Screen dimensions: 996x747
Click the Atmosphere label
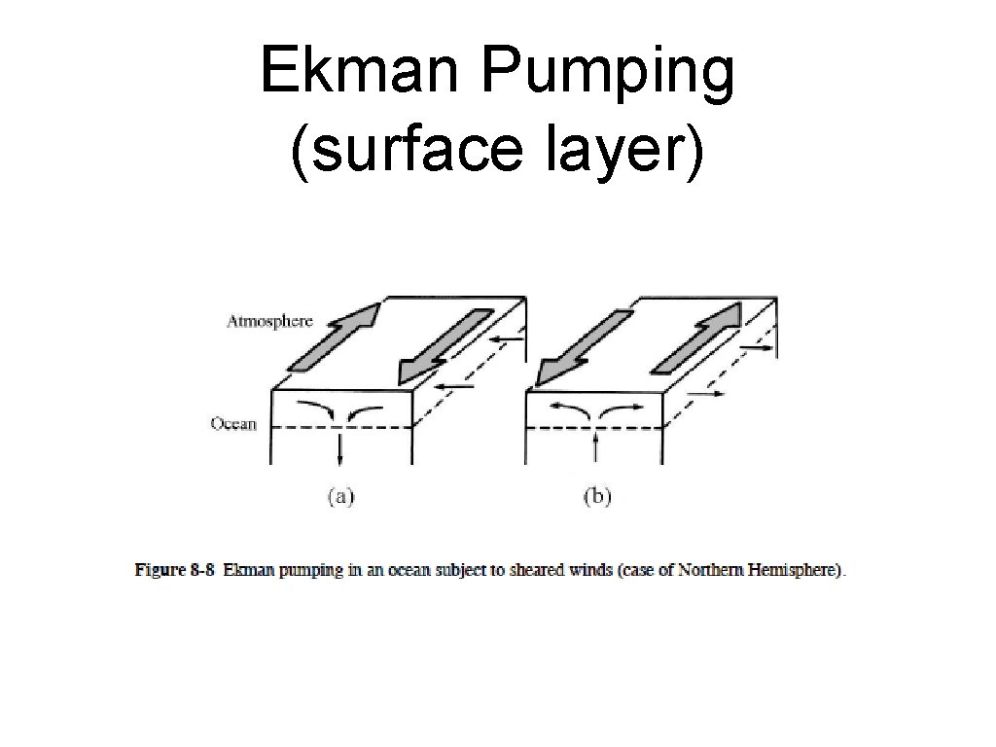(x=269, y=322)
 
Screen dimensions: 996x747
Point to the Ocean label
(x=233, y=424)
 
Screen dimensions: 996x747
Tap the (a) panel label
(x=340, y=497)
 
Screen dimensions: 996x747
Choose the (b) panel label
(x=596, y=497)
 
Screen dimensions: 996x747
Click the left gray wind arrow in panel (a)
(x=333, y=336)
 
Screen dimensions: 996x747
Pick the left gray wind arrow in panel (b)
(x=580, y=347)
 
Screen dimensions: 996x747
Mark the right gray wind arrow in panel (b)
(x=697, y=338)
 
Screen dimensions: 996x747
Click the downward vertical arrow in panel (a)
(x=340, y=448)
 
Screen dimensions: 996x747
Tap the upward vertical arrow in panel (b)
(x=594, y=446)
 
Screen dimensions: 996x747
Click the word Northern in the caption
(x=718, y=571)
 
